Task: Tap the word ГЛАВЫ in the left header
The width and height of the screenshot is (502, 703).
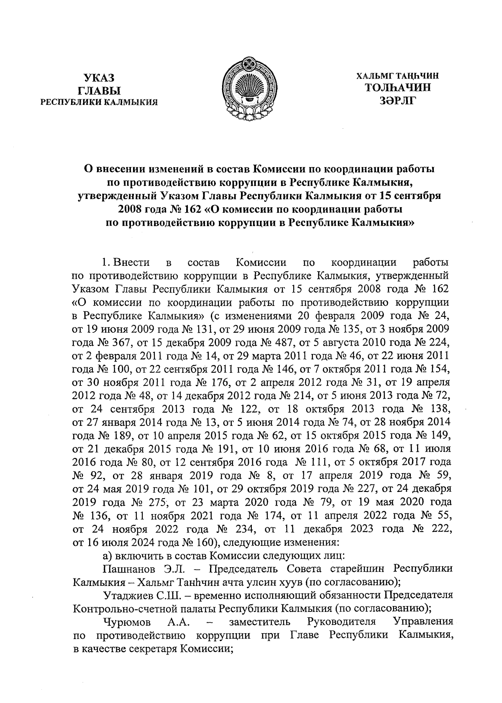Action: [x=99, y=90]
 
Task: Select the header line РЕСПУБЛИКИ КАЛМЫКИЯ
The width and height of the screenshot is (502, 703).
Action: [x=99, y=102]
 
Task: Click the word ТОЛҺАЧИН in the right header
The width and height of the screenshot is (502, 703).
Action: [x=397, y=88]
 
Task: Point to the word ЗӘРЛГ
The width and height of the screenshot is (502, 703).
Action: [x=397, y=100]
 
